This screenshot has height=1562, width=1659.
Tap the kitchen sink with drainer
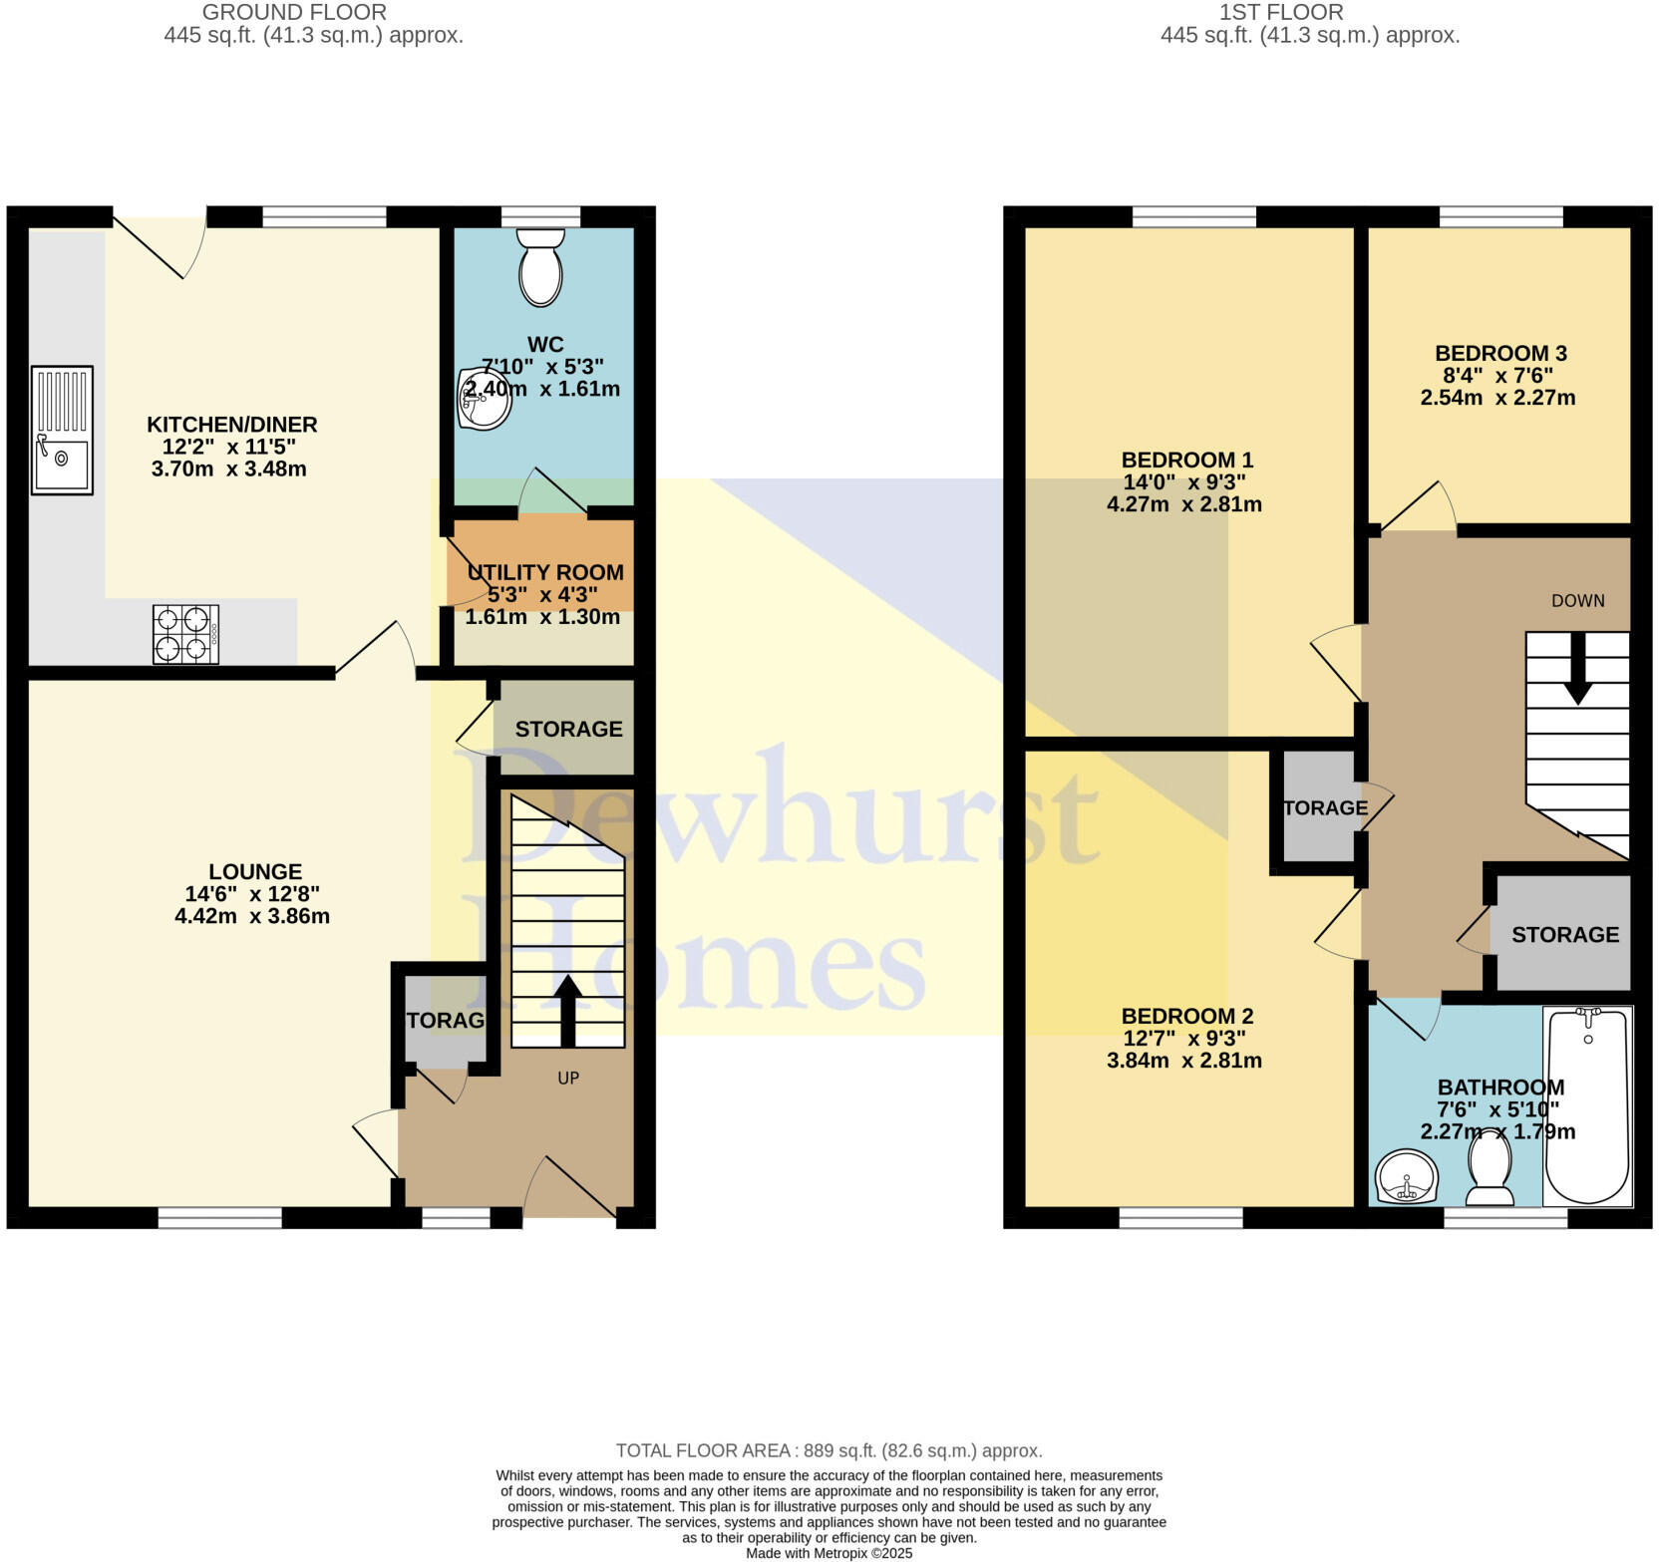tap(62, 430)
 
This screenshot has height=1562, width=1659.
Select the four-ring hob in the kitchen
tap(185, 634)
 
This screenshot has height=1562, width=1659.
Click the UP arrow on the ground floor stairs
tap(567, 1009)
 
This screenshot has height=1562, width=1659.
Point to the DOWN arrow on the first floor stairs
tap(1577, 668)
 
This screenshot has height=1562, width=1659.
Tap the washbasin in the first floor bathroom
tap(1406, 1177)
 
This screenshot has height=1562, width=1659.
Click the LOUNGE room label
tap(255, 871)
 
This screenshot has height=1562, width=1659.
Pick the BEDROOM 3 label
tap(1499, 353)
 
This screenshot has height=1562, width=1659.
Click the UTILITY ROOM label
tap(545, 572)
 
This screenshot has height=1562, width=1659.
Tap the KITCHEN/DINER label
tap(231, 425)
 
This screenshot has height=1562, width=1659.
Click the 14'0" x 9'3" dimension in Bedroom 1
tap(1184, 481)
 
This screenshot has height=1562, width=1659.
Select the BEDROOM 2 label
tap(1186, 1016)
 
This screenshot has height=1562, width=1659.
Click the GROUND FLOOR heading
tap(294, 13)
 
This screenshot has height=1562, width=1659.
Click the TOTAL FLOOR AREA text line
tap(829, 1450)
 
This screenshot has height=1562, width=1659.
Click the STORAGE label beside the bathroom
tap(1564, 934)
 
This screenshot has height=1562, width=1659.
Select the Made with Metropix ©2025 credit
tap(829, 1553)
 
